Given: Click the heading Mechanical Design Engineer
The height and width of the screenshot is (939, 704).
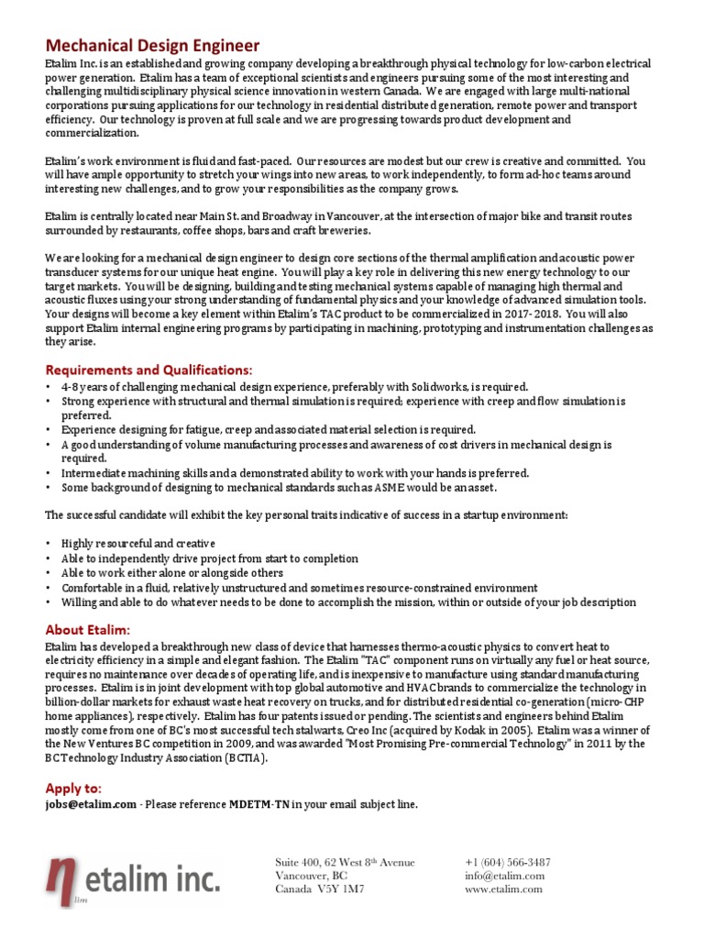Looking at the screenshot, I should point(153,45).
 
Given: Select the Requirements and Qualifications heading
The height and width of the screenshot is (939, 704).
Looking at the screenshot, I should point(148,370).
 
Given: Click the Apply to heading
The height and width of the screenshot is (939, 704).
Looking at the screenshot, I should point(74,789).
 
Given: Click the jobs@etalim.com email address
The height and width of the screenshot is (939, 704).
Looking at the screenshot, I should point(90,804).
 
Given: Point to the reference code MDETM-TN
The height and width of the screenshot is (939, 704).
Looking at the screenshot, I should point(258,804).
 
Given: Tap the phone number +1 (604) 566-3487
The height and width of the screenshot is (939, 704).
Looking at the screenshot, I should point(508,862).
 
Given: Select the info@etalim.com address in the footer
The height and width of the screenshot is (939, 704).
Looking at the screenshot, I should point(505,876).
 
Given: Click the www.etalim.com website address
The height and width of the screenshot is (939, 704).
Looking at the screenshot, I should point(505,889).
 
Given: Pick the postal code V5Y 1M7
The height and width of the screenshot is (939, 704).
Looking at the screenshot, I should point(341,889).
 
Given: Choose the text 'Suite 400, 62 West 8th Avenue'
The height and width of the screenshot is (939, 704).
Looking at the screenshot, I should point(345,862).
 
